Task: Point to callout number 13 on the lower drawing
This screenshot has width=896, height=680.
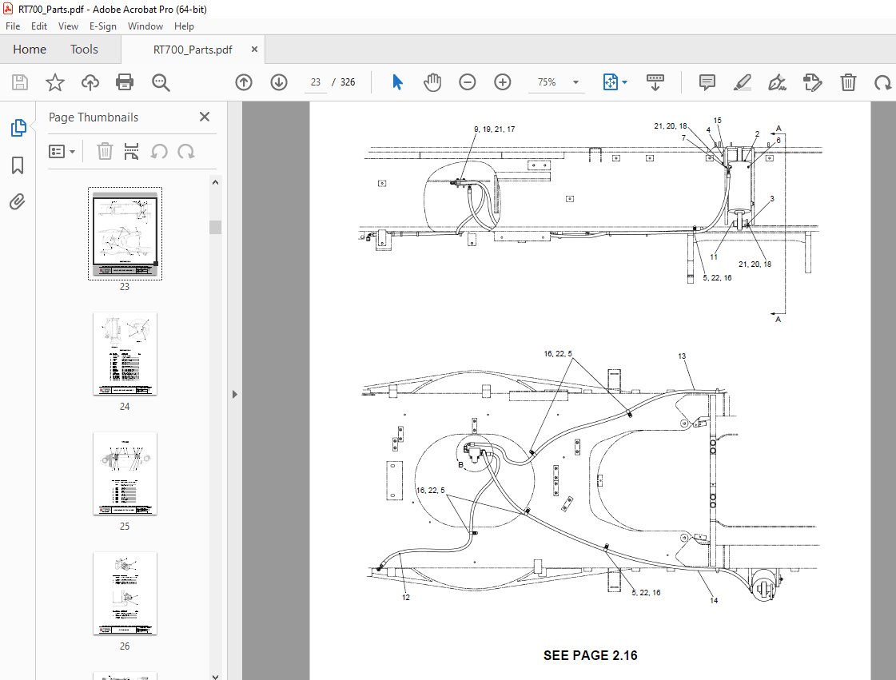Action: (682, 356)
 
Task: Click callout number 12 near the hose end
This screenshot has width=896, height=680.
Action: (406, 597)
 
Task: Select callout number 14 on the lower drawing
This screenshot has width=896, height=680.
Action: (713, 601)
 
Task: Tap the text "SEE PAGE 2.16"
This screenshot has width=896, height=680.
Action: (590, 656)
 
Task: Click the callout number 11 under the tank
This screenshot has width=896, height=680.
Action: (713, 257)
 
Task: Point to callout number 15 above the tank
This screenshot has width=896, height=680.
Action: (717, 121)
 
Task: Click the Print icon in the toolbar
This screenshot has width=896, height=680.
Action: (125, 82)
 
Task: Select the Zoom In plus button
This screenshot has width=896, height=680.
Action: (503, 82)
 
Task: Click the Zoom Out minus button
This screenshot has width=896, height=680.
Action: (468, 82)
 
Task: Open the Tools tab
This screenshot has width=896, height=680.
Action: (84, 50)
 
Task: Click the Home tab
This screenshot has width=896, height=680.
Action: (30, 50)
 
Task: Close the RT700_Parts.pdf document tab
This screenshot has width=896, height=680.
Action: (255, 50)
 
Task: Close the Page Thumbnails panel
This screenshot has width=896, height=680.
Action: (205, 117)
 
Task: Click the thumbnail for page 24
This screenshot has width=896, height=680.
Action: (125, 354)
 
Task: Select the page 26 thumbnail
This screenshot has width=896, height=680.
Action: (125, 594)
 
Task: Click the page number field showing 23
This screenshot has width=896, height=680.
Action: (316, 82)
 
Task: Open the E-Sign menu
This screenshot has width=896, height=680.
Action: (102, 26)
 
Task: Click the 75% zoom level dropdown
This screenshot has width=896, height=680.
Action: (556, 82)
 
